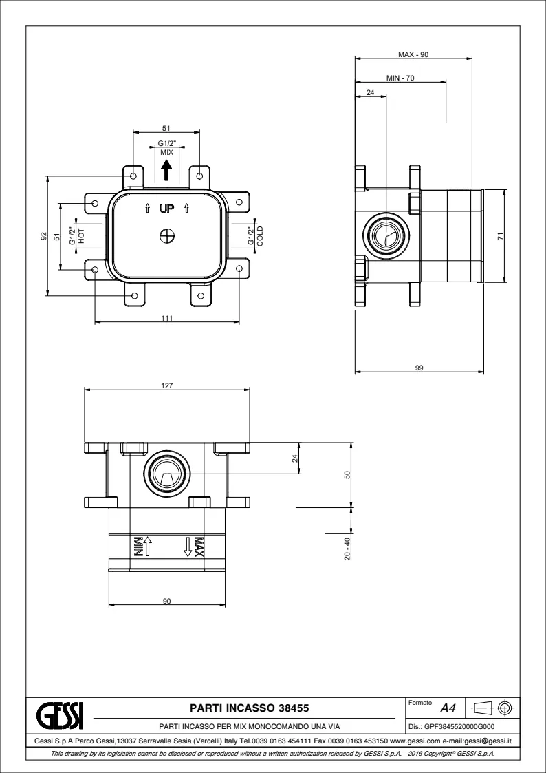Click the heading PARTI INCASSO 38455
coord(249,708)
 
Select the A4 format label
coord(448,710)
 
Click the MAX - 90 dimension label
coord(413,54)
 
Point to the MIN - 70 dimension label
coord(400,78)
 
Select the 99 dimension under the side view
coord(419,368)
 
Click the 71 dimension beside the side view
coord(501,236)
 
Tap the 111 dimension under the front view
coord(166,319)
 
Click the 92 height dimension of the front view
coord(43,236)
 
